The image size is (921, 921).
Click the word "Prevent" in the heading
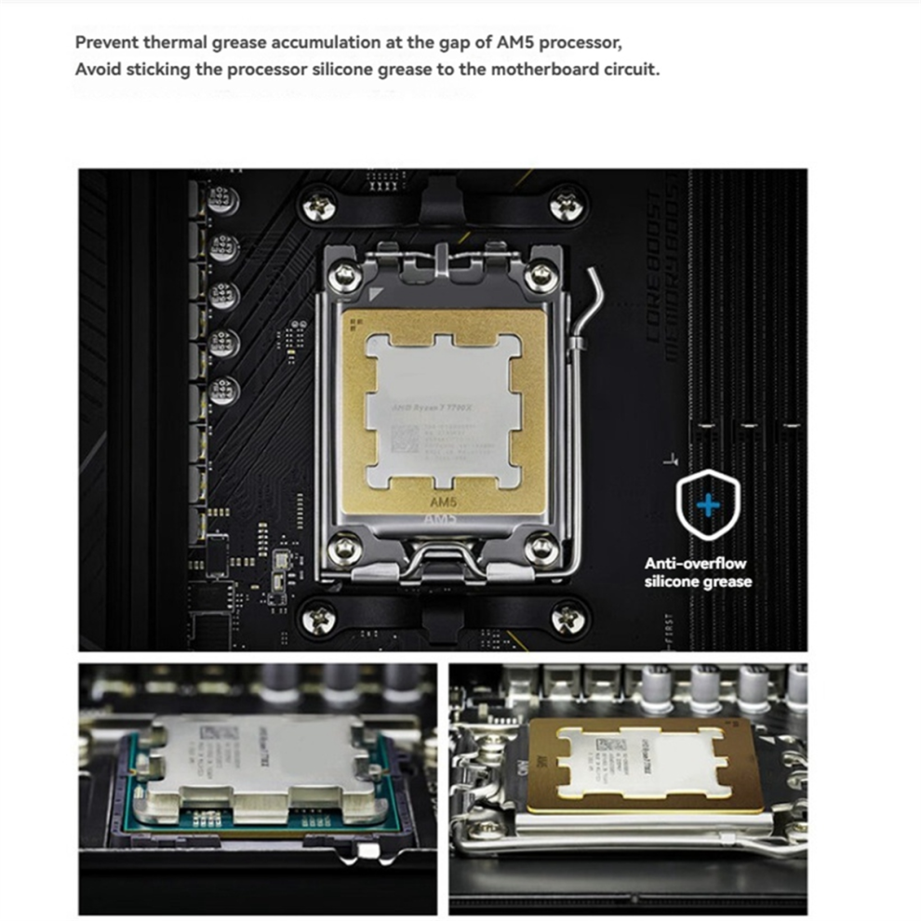[x=106, y=43]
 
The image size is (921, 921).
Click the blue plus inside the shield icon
[x=708, y=505]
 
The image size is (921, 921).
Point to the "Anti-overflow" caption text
[x=696, y=563]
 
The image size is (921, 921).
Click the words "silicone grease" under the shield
[x=698, y=581]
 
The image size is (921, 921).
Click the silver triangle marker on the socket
[x=375, y=293]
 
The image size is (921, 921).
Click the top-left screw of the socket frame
[x=344, y=275]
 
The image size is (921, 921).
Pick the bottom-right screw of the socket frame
[x=540, y=549]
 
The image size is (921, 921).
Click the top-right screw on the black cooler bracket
[x=567, y=203]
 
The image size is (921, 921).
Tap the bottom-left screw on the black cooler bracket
[x=320, y=617]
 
